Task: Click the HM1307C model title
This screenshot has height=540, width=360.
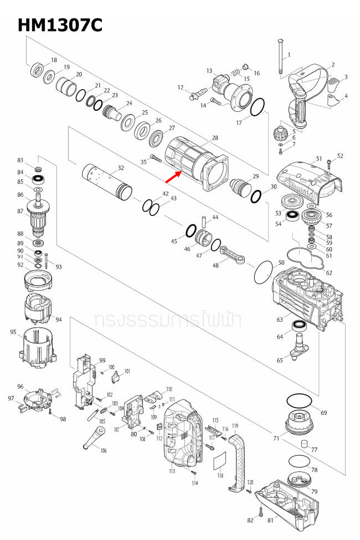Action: click(x=60, y=25)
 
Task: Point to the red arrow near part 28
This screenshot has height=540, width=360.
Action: click(x=173, y=177)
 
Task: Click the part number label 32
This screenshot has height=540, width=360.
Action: click(x=121, y=168)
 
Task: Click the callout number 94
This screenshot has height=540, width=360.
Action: click(x=59, y=320)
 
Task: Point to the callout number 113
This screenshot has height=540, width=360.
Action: click(x=172, y=471)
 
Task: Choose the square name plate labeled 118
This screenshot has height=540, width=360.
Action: click(x=220, y=460)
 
